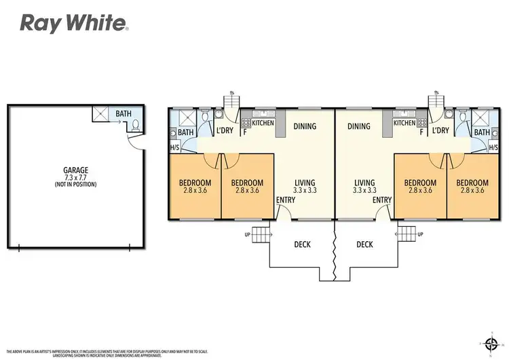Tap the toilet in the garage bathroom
[x=136, y=124]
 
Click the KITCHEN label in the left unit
[x=263, y=123]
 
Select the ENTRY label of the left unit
[x=285, y=200]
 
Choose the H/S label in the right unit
[x=493, y=147]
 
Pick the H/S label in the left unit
[x=174, y=147]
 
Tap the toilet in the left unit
[x=207, y=117]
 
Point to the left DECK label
[x=302, y=245]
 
